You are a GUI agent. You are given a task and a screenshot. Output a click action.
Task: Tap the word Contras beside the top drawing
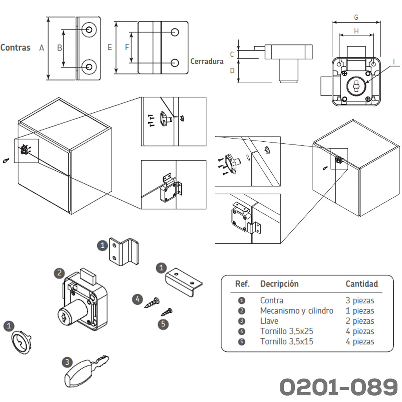[15, 48]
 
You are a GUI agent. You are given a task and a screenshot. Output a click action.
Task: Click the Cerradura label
[207, 61]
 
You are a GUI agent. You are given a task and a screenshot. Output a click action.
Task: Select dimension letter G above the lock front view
[356, 17]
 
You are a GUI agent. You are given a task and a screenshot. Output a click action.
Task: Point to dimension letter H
[356, 31]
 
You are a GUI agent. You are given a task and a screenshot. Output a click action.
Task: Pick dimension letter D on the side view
[232, 71]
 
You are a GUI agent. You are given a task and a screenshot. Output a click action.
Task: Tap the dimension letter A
[42, 48]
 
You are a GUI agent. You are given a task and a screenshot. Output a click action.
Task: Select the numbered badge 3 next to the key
[68, 362]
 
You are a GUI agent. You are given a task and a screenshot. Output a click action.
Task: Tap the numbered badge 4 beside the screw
[137, 300]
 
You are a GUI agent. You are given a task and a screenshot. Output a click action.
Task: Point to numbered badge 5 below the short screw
[163, 325]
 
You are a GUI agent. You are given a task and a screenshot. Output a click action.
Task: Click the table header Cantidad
[362, 284]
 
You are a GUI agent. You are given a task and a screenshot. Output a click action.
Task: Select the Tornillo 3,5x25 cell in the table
[287, 331]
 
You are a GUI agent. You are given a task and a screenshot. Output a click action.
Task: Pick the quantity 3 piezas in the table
[360, 301]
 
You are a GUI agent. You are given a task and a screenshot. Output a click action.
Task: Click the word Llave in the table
[269, 321]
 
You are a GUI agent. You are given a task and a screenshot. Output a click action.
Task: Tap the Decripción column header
[279, 284]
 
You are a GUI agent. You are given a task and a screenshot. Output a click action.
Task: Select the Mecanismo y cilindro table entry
[296, 311]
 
